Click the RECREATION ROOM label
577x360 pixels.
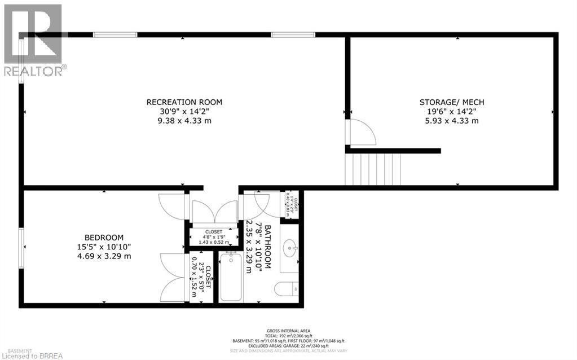click(x=184, y=102)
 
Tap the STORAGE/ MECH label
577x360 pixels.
click(x=451, y=102)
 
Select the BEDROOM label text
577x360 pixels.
click(x=104, y=238)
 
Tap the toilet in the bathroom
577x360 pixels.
click(x=287, y=289)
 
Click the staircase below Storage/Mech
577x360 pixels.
click(x=373, y=168)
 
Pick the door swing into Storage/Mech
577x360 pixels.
click(x=362, y=133)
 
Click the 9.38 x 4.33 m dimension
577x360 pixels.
click(x=184, y=121)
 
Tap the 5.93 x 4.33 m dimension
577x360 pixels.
click(x=451, y=121)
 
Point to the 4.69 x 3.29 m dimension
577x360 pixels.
click(x=104, y=256)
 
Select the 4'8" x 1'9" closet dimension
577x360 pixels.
click(x=214, y=237)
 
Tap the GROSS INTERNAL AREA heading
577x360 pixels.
click(x=288, y=331)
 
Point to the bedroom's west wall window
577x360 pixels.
click(x=21, y=246)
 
